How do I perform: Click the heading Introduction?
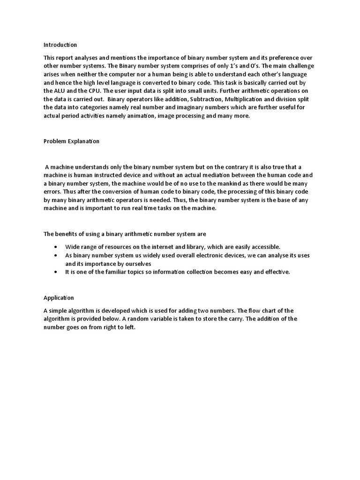point(60,45)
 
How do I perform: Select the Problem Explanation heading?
point(71,141)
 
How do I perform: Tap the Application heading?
point(59,298)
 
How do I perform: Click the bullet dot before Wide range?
point(56,247)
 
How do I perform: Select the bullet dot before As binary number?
point(56,255)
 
